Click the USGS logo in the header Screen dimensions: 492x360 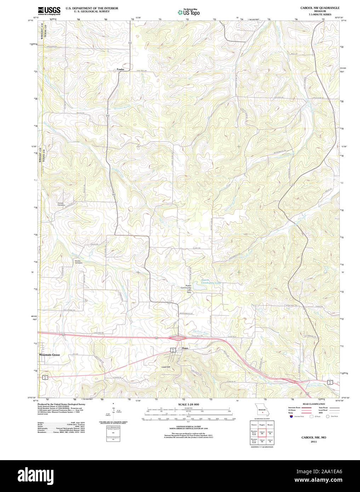pyautogui.click(x=49, y=11)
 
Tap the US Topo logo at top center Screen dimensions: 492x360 pyautogui.click(x=188, y=12)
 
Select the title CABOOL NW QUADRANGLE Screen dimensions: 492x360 pyautogui.click(x=320, y=8)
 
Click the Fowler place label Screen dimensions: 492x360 pyautogui.click(x=120, y=69)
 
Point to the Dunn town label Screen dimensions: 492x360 pyautogui.click(x=185, y=348)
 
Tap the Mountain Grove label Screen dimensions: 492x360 pyautogui.click(x=49, y=355)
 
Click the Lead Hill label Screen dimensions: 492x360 pyautogui.click(x=166, y=367)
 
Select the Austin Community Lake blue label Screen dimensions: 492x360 pyautogui.click(x=211, y=281)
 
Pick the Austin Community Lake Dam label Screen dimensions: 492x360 pyautogui.click(x=189, y=288)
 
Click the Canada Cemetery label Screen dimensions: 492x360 pyautogui.click(x=61, y=204)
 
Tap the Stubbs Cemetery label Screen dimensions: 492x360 pyautogui.click(x=78, y=262)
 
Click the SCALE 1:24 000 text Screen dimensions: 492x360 pyautogui.click(x=188, y=404)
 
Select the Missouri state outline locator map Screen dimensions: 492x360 pyautogui.click(x=262, y=410)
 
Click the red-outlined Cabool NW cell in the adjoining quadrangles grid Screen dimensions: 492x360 pyautogui.click(x=262, y=433)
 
